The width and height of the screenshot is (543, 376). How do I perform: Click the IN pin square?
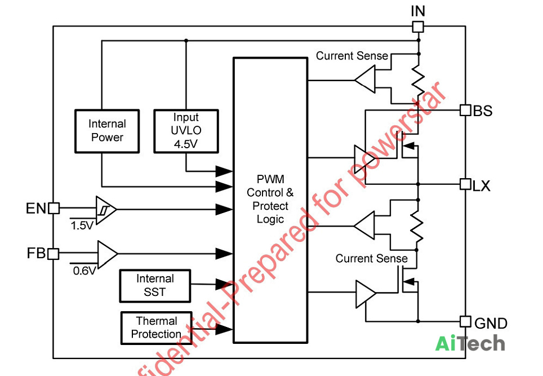click(x=418, y=26)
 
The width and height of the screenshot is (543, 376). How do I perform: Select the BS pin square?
click(x=465, y=110)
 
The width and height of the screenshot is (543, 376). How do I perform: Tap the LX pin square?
click(x=465, y=184)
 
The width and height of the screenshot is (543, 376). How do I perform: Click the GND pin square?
click(x=465, y=321)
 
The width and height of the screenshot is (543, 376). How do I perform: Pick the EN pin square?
click(x=54, y=208)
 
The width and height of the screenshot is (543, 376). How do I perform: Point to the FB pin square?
click(x=53, y=254)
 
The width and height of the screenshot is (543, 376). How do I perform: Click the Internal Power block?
click(x=107, y=131)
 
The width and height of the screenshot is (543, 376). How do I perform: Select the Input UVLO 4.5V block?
click(x=186, y=131)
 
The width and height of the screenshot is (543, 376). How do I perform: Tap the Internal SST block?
click(x=155, y=286)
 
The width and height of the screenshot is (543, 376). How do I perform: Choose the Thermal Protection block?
click(x=156, y=328)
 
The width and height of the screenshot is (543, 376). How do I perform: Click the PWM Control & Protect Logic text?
click(x=270, y=199)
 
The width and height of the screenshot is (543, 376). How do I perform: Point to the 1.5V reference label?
click(x=82, y=225)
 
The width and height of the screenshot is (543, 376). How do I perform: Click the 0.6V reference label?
click(x=84, y=271)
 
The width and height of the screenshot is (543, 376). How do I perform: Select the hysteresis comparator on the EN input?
click(x=105, y=210)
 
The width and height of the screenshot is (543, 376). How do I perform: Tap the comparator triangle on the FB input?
click(x=107, y=254)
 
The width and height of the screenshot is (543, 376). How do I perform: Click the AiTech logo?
click(x=470, y=343)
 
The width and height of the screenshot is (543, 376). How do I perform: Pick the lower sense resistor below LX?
click(x=417, y=227)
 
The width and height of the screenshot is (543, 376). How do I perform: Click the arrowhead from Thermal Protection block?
click(x=224, y=329)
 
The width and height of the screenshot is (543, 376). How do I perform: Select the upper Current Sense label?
click(x=352, y=56)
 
